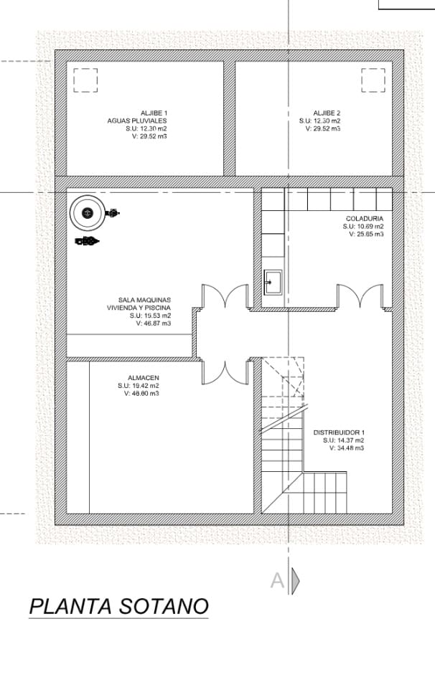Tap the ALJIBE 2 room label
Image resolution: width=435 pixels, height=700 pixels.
(x=327, y=113)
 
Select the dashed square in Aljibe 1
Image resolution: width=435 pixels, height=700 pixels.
(x=85, y=80)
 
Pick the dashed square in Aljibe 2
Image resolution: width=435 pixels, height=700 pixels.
(x=373, y=80)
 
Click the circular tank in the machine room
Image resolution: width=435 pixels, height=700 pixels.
(x=88, y=212)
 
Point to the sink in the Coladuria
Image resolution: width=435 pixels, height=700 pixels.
(x=273, y=282)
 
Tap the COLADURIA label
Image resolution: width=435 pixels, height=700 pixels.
(x=364, y=218)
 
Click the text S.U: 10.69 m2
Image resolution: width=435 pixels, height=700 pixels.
(x=362, y=226)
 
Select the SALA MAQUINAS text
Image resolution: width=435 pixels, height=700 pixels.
(x=144, y=300)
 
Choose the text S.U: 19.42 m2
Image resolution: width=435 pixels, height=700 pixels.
(x=138, y=386)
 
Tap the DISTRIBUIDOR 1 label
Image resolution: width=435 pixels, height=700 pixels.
(x=339, y=432)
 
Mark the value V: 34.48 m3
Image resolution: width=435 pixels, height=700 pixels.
(x=346, y=448)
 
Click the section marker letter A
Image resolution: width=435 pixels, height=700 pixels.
(x=277, y=580)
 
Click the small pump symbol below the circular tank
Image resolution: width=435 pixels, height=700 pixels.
(x=86, y=241)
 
